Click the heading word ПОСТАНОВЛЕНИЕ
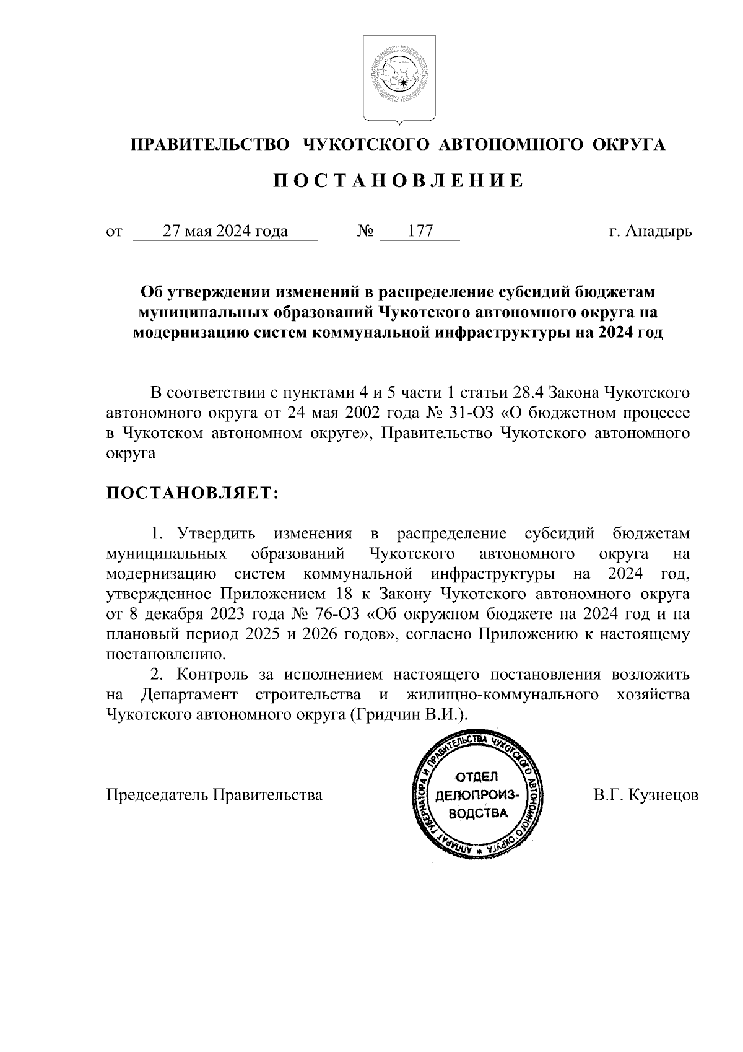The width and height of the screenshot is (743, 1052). pos(399,181)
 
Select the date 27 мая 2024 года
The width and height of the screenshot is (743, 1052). pos(225,232)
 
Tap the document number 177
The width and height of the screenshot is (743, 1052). pos(420,232)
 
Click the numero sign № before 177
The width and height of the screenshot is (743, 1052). pos(366,232)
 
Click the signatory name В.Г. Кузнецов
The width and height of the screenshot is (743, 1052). pos(646,795)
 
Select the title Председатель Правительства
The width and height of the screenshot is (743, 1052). pos(215,795)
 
